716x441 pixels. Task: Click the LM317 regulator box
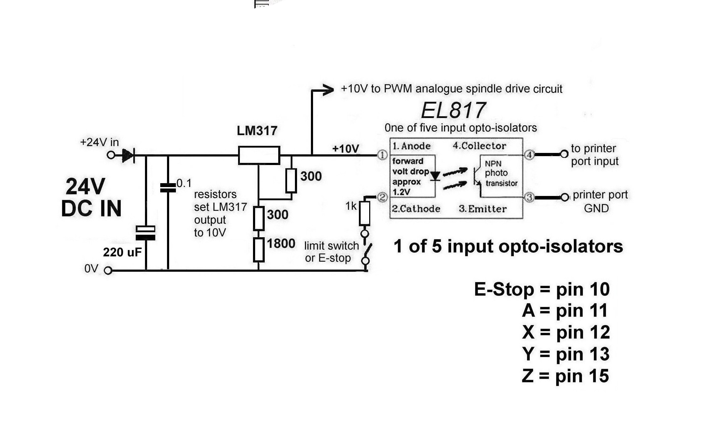[x=259, y=155]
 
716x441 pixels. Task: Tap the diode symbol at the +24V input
[x=128, y=155]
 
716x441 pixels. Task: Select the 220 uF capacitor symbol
[x=146, y=233]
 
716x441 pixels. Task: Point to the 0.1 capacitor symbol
[x=168, y=188]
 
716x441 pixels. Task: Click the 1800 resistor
[x=259, y=250]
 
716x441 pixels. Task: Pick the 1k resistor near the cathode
[x=365, y=213]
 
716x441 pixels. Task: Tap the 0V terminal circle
[x=108, y=271]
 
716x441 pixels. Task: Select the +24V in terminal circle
[x=111, y=155]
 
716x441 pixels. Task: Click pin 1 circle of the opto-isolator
[x=382, y=155]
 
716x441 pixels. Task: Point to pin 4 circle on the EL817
[x=529, y=155]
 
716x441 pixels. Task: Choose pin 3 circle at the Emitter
[x=529, y=197]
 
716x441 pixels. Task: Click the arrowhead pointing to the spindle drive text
[x=328, y=90]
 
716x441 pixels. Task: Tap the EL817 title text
[x=453, y=110]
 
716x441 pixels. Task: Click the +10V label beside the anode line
[x=345, y=149]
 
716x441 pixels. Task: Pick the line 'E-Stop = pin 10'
[x=542, y=289]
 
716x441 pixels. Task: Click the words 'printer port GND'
[x=600, y=201]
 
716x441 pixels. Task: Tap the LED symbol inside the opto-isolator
[x=435, y=176]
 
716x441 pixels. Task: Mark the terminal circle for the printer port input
[x=564, y=154]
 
